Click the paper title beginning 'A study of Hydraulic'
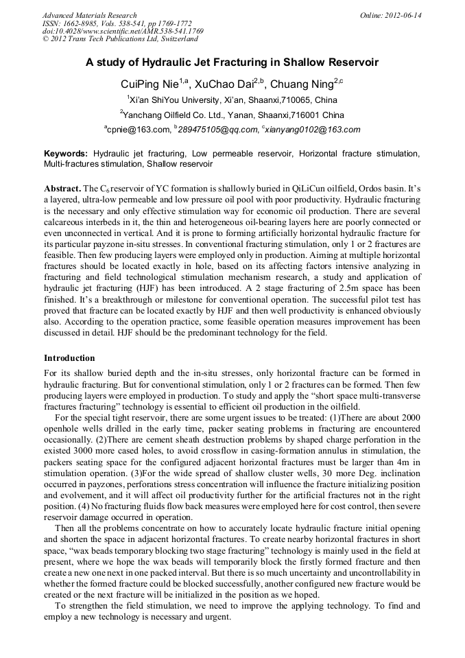pos(232,62)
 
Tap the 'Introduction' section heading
pos(69,358)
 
